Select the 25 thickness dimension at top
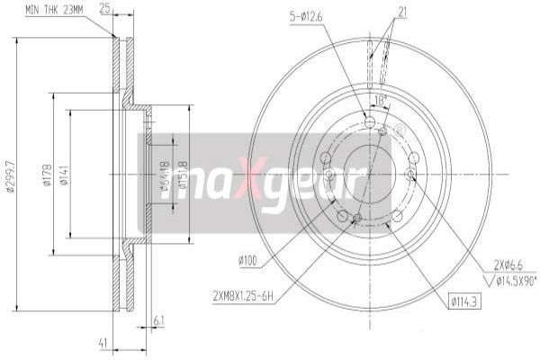[x=104, y=10]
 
